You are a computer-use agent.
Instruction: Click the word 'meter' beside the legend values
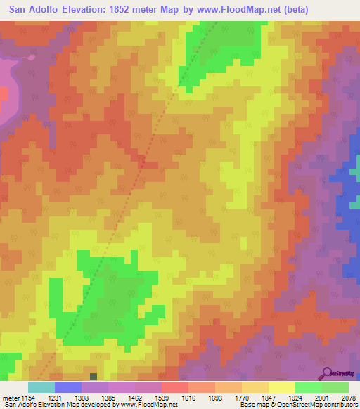pos(9,398)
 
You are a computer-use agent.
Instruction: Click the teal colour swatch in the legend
pos(41,387)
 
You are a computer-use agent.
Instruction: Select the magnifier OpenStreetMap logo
pos(326,374)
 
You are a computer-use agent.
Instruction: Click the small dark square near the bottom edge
pos(94,376)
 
